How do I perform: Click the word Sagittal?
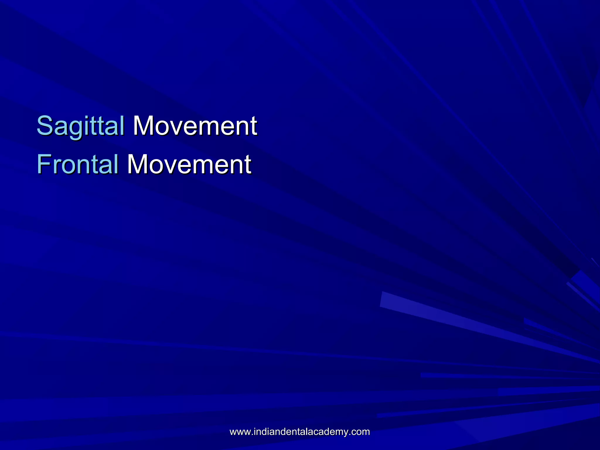[81, 126]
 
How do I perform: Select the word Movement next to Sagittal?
[195, 126]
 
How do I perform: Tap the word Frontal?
[78, 164]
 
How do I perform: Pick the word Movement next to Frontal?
[189, 164]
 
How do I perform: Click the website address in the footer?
[300, 432]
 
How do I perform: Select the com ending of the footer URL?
[362, 432]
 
